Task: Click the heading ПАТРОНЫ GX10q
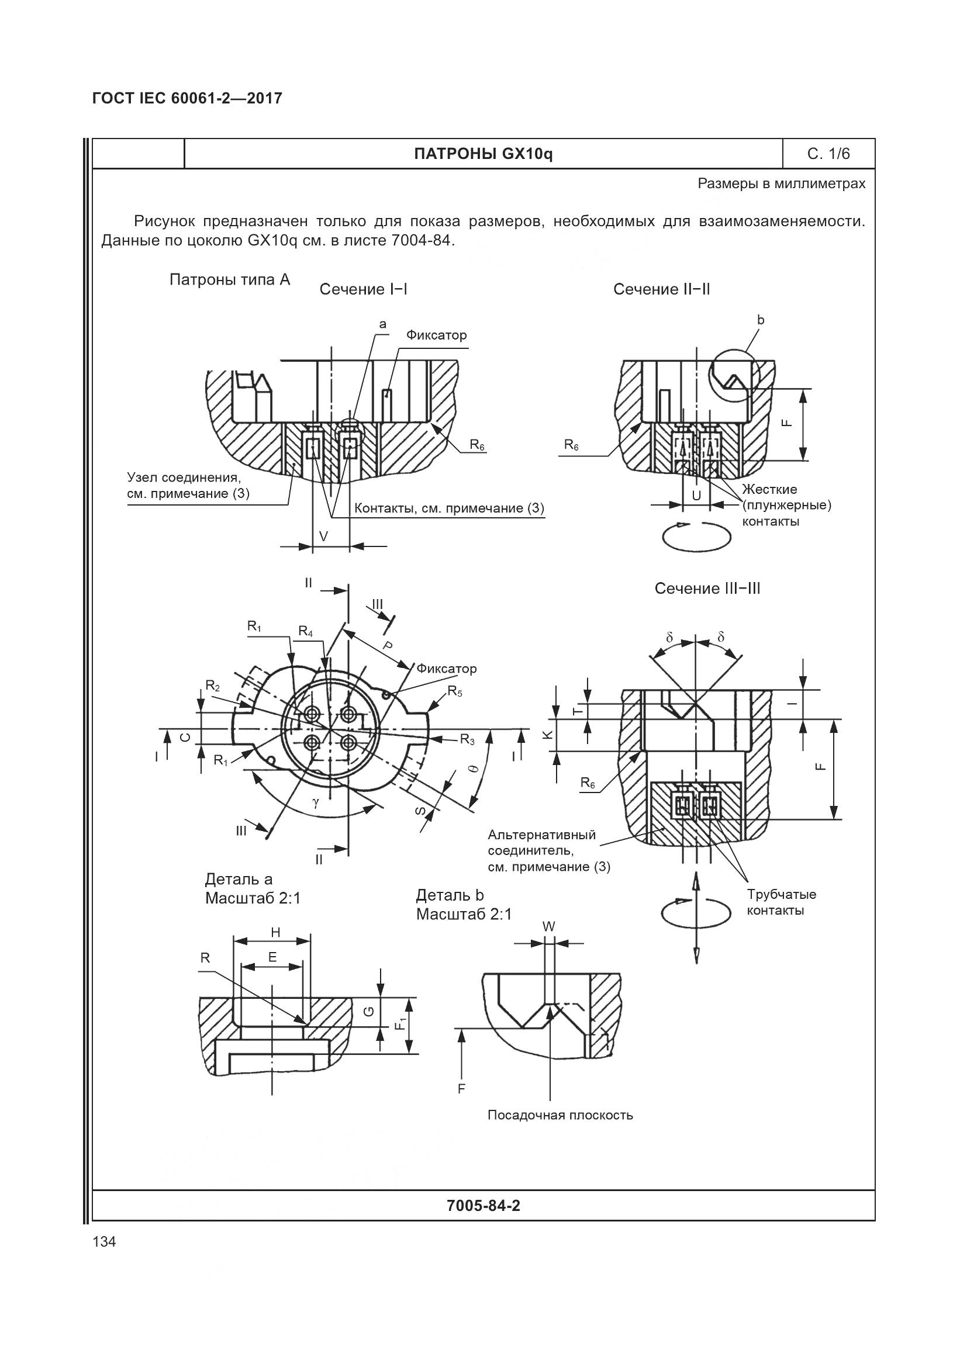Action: [x=483, y=154]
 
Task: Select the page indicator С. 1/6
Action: [x=828, y=154]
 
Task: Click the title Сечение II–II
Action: [x=661, y=289]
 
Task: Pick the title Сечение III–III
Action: [x=707, y=589]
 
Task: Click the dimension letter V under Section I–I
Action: [x=323, y=537]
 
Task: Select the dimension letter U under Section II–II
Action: [x=696, y=496]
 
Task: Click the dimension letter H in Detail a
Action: [x=275, y=932]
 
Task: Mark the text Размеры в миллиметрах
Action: [x=781, y=184]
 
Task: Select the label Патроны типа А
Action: [x=230, y=280]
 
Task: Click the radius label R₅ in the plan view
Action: [x=455, y=691]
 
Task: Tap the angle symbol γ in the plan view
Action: [x=316, y=802]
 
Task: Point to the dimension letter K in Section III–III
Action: [x=549, y=735]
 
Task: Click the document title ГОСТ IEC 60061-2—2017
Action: [x=187, y=98]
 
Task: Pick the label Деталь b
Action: [x=450, y=895]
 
